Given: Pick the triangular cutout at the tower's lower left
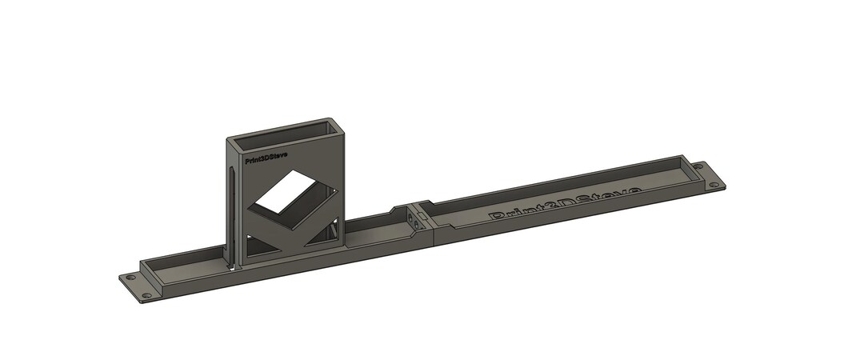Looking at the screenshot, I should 260,245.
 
